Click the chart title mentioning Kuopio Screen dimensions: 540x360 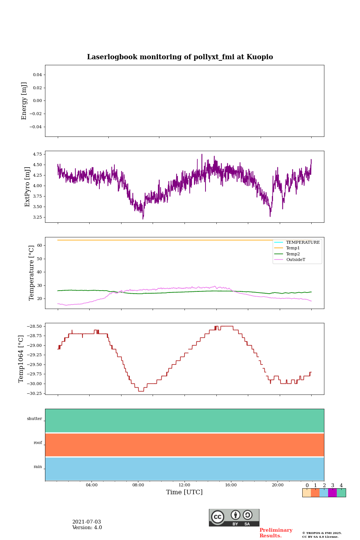click(180, 57)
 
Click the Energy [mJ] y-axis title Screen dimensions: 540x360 click(24, 101)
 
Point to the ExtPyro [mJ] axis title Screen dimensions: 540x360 click(27, 187)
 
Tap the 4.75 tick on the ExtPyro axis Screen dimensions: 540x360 click(37, 154)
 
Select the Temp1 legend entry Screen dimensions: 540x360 click(293, 248)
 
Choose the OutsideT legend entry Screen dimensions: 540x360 click(295, 260)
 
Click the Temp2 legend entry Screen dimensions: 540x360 click(293, 254)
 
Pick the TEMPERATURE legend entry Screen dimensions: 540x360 click(303, 243)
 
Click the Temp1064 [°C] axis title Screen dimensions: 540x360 click(21, 359)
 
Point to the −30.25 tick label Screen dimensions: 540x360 click(34, 393)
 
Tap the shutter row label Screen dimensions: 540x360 click(34, 419)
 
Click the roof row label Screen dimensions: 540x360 click(38, 443)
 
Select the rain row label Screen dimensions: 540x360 click(38, 467)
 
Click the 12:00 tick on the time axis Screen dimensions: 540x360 click(184, 485)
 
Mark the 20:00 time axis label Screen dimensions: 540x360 click(277, 485)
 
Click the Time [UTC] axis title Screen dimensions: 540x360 click(184, 492)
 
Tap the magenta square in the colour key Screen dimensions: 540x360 click(332, 493)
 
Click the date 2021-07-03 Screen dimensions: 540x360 click(87, 522)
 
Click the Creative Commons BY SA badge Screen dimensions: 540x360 click(234, 517)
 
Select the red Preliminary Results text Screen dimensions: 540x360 click(276, 533)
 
